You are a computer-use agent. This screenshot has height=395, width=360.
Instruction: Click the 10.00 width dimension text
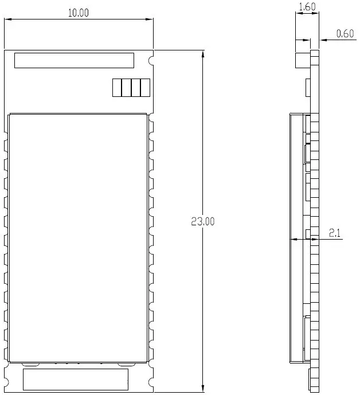click(x=79, y=13)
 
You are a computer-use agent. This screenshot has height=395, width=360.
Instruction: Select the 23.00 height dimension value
click(x=202, y=221)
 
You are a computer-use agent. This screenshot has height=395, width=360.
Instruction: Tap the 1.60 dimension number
click(x=307, y=7)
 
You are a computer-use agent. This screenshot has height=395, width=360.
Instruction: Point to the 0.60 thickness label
click(x=345, y=33)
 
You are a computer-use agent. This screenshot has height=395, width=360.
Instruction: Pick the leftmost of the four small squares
click(x=117, y=88)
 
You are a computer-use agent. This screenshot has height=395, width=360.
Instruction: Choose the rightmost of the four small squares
click(x=145, y=88)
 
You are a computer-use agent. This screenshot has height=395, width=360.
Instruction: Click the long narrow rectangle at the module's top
click(x=74, y=60)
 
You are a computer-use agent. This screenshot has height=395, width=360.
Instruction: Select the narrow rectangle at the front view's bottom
click(x=75, y=380)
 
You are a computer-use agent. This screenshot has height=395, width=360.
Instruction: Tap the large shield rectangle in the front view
click(x=79, y=237)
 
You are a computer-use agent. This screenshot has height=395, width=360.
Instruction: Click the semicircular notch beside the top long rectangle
click(x=152, y=60)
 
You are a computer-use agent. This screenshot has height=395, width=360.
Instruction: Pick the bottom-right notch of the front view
click(x=152, y=380)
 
